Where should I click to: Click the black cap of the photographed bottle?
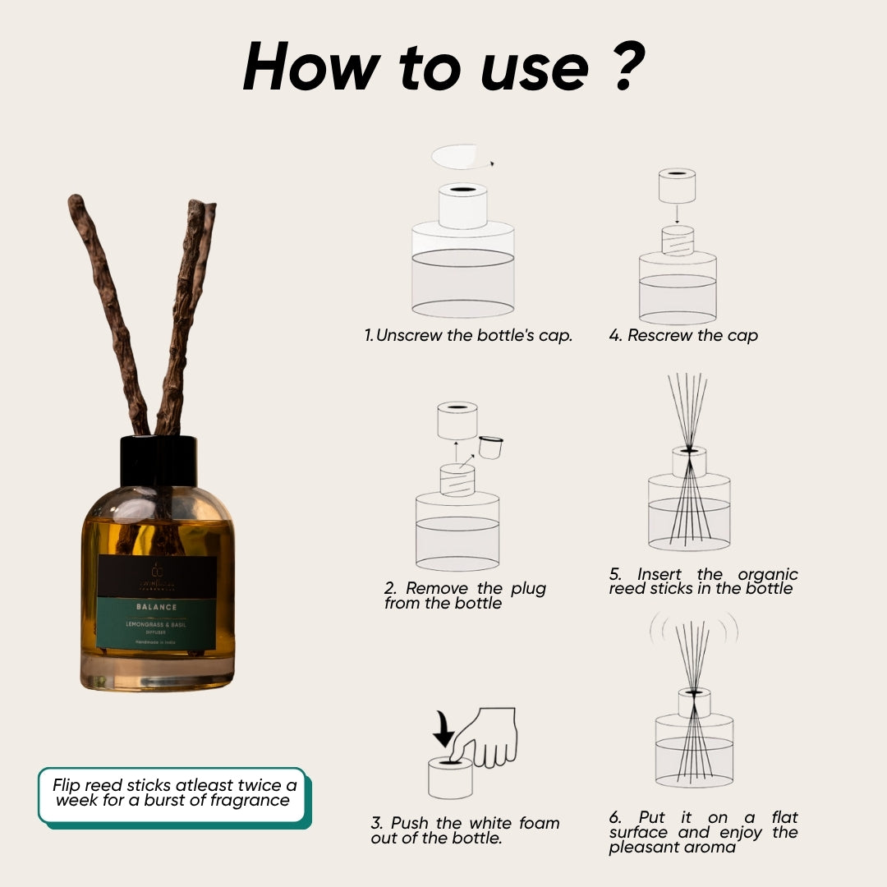tap(159, 462)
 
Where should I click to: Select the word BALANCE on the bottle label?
tap(157, 607)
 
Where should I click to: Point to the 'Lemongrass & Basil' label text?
tap(156, 625)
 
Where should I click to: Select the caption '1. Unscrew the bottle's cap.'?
tap(468, 335)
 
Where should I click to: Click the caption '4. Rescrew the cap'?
tap(683, 335)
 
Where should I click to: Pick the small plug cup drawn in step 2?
tap(490, 448)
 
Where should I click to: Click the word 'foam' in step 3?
tap(540, 823)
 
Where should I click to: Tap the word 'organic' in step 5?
tap(767, 574)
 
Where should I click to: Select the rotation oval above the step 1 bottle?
tap(457, 156)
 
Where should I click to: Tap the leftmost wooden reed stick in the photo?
tap(107, 312)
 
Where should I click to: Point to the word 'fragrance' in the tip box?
tap(248, 800)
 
